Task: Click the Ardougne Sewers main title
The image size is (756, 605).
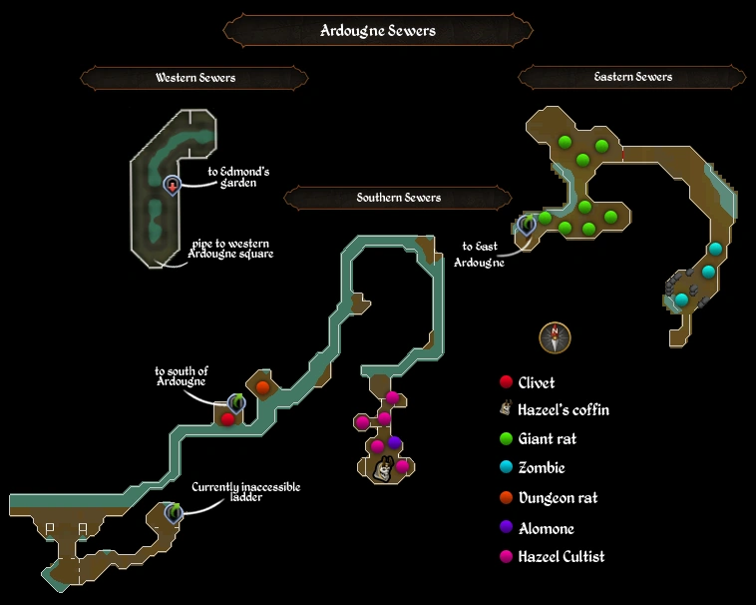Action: pyautogui.click(x=377, y=30)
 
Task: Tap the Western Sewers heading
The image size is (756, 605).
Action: pyautogui.click(x=194, y=78)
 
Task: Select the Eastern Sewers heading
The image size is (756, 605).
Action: pyautogui.click(x=632, y=77)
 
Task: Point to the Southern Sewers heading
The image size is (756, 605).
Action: pyautogui.click(x=398, y=198)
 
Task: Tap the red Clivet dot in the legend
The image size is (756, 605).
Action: pyautogui.click(x=507, y=382)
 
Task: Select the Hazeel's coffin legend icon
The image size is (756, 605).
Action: pyautogui.click(x=507, y=409)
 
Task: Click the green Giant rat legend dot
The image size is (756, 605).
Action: pyautogui.click(x=507, y=438)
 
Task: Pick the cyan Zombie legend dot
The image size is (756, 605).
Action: pyautogui.click(x=507, y=467)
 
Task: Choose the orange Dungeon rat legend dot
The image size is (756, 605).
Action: pyautogui.click(x=507, y=497)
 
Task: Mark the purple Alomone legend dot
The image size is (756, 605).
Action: pyautogui.click(x=507, y=528)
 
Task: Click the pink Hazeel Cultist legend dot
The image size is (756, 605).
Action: pyautogui.click(x=507, y=557)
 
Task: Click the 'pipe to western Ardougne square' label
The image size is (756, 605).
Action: pyautogui.click(x=230, y=249)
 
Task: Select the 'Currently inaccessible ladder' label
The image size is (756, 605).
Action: pyautogui.click(x=245, y=492)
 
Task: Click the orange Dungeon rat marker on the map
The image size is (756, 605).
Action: pyautogui.click(x=262, y=386)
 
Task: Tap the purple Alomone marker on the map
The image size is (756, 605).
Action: pyautogui.click(x=395, y=443)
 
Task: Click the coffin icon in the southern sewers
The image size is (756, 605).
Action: pyautogui.click(x=382, y=466)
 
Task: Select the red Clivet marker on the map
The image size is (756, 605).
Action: pyautogui.click(x=227, y=419)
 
